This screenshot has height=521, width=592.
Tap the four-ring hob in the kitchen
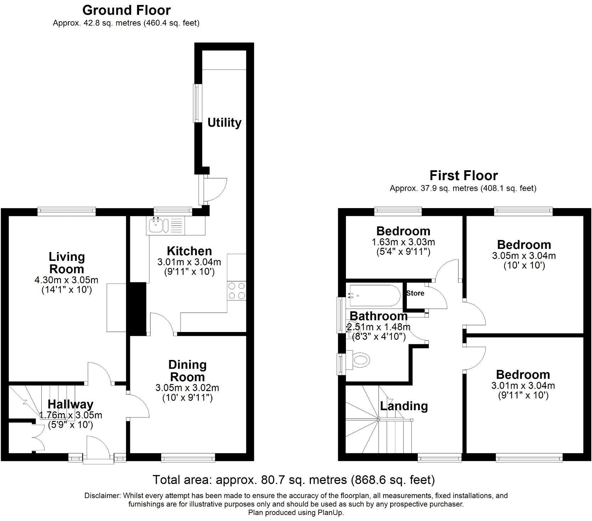pyautogui.click(x=237, y=291)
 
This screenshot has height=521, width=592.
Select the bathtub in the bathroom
pyautogui.click(x=374, y=295)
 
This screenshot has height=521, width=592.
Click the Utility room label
pyautogui.click(x=224, y=122)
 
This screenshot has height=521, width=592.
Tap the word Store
pyautogui.click(x=415, y=293)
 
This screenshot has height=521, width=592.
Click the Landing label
pyautogui.click(x=404, y=406)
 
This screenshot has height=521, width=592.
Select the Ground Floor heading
pyautogui.click(x=126, y=10)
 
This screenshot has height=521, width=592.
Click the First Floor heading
pyautogui.click(x=463, y=176)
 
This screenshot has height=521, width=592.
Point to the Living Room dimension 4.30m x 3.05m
pyautogui.click(x=66, y=280)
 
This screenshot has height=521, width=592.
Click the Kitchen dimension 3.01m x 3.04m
pyautogui.click(x=189, y=262)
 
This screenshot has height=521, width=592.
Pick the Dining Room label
pyautogui.click(x=187, y=371)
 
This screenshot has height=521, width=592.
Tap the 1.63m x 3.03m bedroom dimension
pyautogui.click(x=403, y=242)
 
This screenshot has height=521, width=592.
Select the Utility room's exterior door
pyautogui.click(x=201, y=190)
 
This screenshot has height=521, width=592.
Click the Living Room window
pyautogui.click(x=67, y=212)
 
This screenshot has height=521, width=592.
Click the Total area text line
pyautogui.click(x=294, y=480)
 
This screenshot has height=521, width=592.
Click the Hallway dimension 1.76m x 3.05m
pyautogui.click(x=70, y=415)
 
